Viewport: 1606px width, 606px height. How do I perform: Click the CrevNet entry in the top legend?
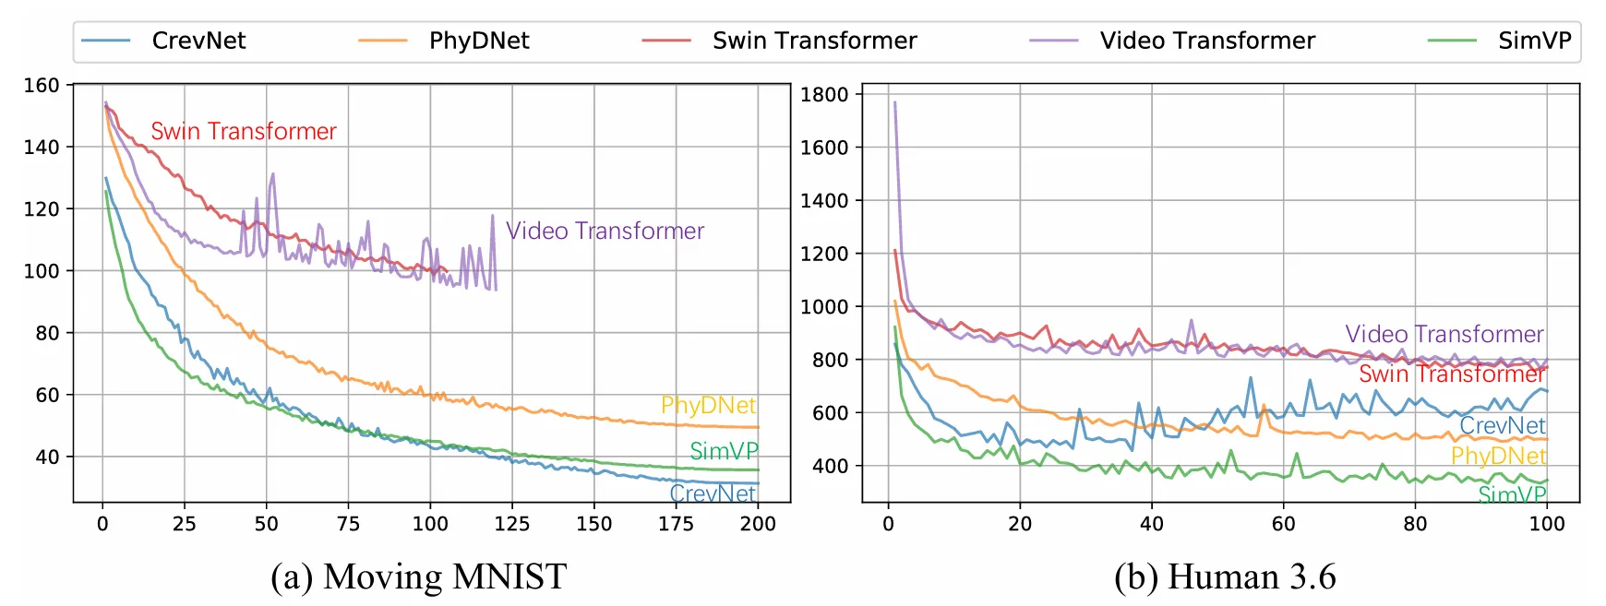point(198,42)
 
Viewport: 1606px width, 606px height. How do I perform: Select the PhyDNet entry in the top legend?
point(478,42)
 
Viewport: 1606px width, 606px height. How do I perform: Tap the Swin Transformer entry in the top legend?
point(814,42)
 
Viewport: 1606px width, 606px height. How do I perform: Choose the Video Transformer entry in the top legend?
point(1206,42)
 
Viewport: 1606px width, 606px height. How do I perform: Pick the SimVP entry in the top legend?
point(1534,42)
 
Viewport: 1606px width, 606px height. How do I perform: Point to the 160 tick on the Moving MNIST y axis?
point(42,86)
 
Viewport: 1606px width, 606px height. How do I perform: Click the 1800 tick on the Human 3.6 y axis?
point(823,94)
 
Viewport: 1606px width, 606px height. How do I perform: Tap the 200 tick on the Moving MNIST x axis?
point(758,524)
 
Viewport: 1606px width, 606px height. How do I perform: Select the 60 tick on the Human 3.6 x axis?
point(1283,524)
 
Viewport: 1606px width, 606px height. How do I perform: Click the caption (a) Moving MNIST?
point(418,577)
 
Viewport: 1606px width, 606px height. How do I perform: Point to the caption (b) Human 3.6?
point(1225,577)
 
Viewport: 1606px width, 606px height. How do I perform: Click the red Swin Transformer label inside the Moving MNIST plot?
point(244,132)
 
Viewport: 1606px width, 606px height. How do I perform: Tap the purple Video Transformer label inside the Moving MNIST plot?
point(605,231)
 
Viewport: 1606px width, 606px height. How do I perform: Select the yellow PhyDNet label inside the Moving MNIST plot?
point(708,406)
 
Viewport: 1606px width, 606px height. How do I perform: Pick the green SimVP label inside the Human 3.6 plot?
point(1512,495)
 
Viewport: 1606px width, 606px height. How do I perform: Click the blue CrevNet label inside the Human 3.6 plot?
point(1502,426)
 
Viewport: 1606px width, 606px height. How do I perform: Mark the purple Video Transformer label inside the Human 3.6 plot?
point(1444,334)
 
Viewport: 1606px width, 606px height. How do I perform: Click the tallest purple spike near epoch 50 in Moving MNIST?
point(273,173)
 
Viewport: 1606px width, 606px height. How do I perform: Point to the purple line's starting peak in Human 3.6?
point(894,102)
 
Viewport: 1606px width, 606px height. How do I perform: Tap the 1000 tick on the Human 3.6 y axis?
point(823,307)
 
